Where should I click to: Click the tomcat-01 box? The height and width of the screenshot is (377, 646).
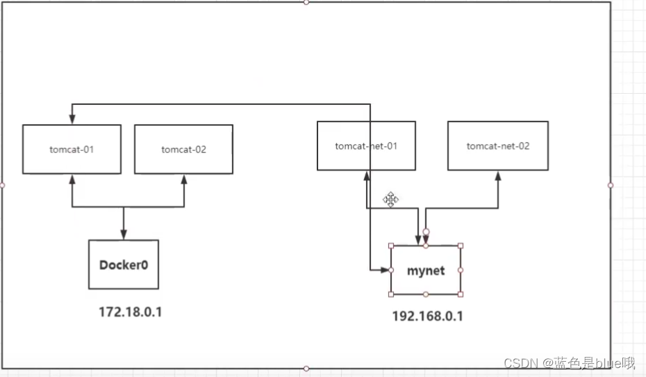(x=72, y=149)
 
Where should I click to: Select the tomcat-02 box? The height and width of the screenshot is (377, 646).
(x=183, y=149)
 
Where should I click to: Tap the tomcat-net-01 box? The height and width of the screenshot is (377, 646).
(x=366, y=146)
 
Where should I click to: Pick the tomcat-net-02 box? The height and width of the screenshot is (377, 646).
(x=497, y=146)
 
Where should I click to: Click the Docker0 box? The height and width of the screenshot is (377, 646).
(x=124, y=265)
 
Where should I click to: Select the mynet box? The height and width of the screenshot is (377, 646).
(x=425, y=270)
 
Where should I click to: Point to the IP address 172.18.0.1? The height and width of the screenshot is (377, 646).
(x=131, y=312)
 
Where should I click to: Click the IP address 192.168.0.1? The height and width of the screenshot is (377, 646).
(x=427, y=317)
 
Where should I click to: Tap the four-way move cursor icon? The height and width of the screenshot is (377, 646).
(x=390, y=200)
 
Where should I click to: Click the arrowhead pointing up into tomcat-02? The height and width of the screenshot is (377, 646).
(x=184, y=178)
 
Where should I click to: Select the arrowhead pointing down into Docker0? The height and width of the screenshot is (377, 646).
(x=124, y=235)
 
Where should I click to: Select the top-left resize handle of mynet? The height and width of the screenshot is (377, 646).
(x=391, y=246)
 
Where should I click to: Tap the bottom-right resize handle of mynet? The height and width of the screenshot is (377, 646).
(x=461, y=294)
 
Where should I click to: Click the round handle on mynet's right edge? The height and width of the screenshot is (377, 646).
(x=461, y=270)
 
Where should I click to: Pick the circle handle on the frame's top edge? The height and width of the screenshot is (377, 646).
(x=306, y=2)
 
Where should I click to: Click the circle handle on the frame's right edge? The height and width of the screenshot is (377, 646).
(x=611, y=185)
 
